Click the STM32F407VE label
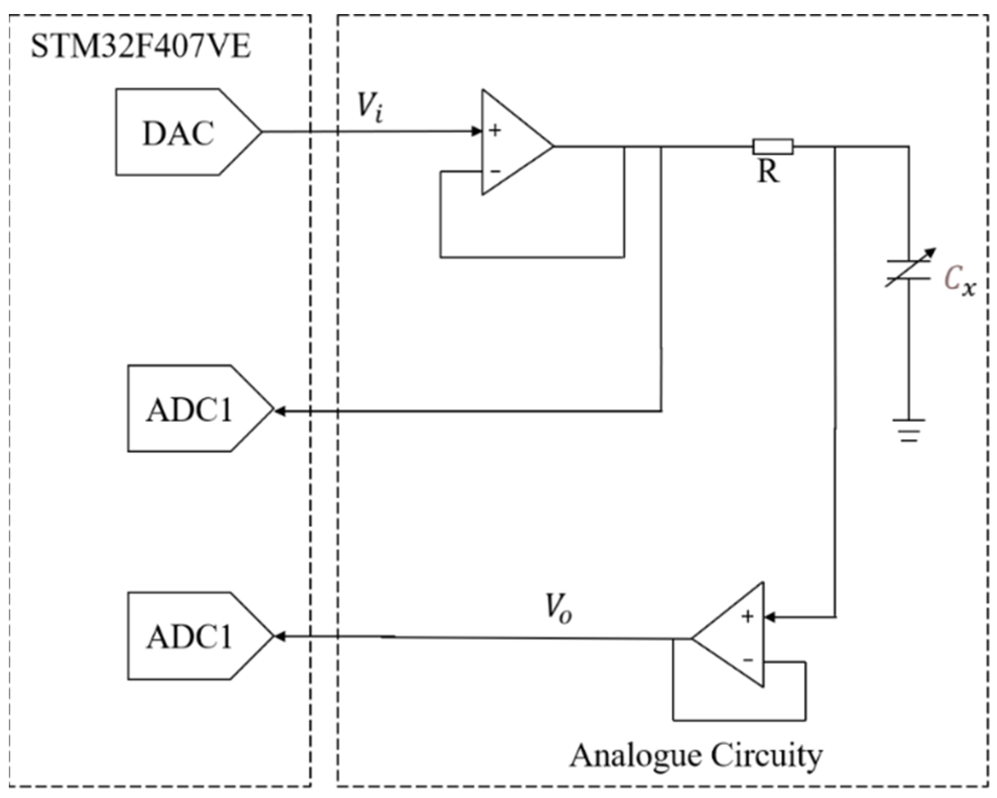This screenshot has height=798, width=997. [x=141, y=47]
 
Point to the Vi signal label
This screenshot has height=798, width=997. [x=370, y=107]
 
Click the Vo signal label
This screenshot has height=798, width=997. [x=558, y=609]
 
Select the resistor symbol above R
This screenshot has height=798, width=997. [x=773, y=147]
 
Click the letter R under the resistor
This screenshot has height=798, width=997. [x=768, y=171]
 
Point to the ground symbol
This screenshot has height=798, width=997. [x=908, y=430]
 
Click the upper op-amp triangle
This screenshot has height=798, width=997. [x=513, y=143]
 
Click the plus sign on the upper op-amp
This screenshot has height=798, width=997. [x=495, y=130]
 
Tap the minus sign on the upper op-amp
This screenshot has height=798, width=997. [x=495, y=171]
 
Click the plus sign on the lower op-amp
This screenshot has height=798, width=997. [x=748, y=617]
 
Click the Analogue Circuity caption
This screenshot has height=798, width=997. [x=696, y=755]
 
